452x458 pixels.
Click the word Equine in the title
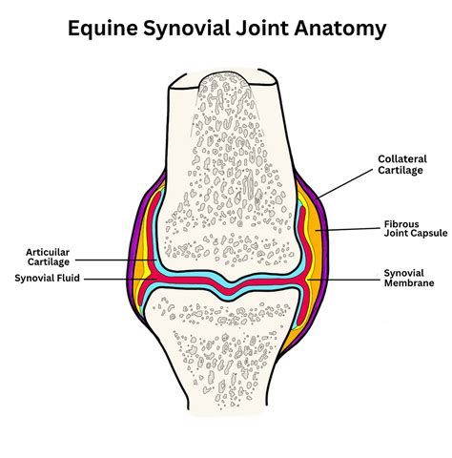pyautogui.click(x=103, y=29)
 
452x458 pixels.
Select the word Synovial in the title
pyautogui.click(x=186, y=29)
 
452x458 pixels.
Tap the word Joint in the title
pyautogui.click(x=261, y=29)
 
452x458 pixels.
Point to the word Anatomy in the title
pyautogui.click(x=340, y=29)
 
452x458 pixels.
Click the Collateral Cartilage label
pyautogui.click(x=402, y=164)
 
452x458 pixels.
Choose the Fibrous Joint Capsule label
pyautogui.click(x=416, y=228)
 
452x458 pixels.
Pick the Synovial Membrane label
pyautogui.click(x=409, y=278)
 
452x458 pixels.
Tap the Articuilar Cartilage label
pyautogui.click(x=48, y=257)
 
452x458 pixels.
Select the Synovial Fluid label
pyautogui.click(x=47, y=278)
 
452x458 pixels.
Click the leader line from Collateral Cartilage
pyautogui.click(x=345, y=183)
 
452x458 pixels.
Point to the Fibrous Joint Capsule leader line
pyautogui.click(x=348, y=229)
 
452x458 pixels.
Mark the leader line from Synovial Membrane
pyautogui.click(x=343, y=280)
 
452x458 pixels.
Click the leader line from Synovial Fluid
pyautogui.click(x=120, y=280)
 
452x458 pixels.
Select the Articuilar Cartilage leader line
pyautogui.click(x=115, y=260)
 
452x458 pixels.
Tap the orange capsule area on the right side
pyautogui.click(x=318, y=241)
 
